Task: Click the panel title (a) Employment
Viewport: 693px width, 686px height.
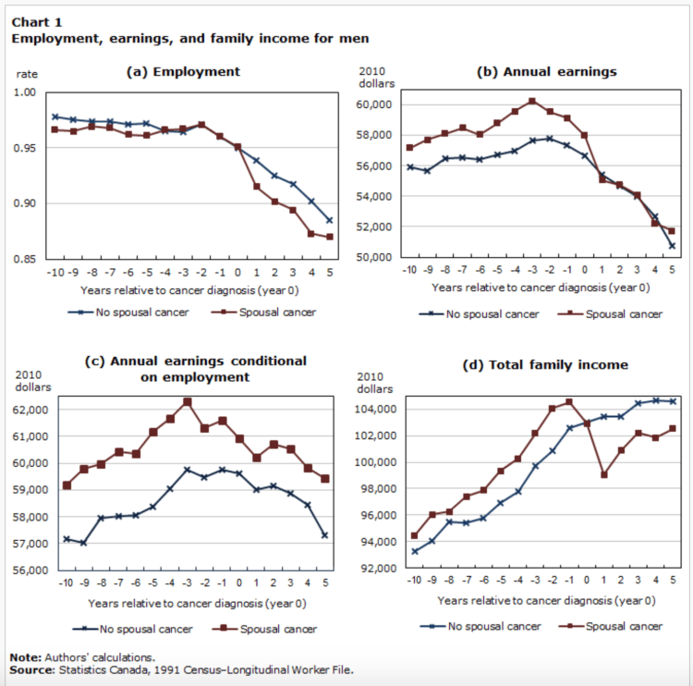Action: click(x=183, y=71)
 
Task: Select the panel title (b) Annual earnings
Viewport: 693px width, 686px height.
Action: click(x=546, y=71)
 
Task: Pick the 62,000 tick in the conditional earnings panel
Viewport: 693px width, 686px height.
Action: click(x=34, y=409)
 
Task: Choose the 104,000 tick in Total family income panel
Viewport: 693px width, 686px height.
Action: click(x=376, y=410)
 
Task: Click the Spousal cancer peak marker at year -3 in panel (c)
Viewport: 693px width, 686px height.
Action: click(x=187, y=401)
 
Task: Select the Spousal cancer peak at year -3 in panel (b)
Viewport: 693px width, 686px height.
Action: click(x=532, y=101)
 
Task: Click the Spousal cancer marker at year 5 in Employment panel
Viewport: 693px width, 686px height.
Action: click(x=329, y=237)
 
